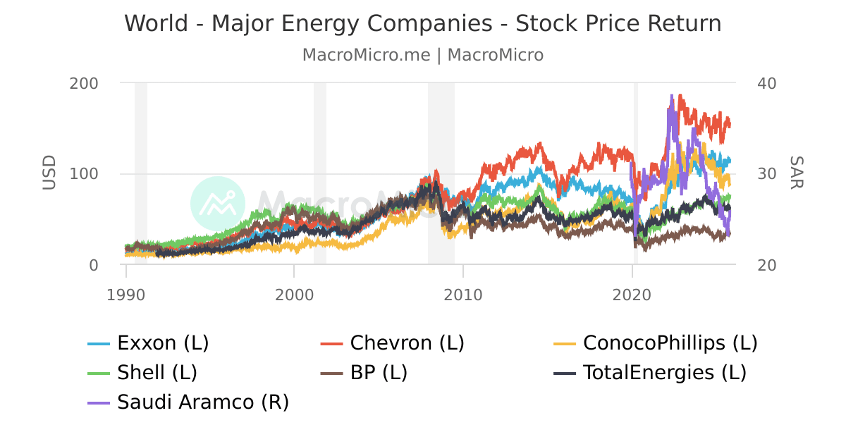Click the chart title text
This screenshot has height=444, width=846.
423,23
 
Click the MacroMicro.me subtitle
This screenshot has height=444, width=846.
423,55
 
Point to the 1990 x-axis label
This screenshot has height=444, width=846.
126,294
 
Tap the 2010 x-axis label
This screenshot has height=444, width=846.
463,294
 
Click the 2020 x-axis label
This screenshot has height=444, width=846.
632,294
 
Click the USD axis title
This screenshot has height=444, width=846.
49,173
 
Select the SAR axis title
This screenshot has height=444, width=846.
796,173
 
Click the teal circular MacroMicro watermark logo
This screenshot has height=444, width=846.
218,203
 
